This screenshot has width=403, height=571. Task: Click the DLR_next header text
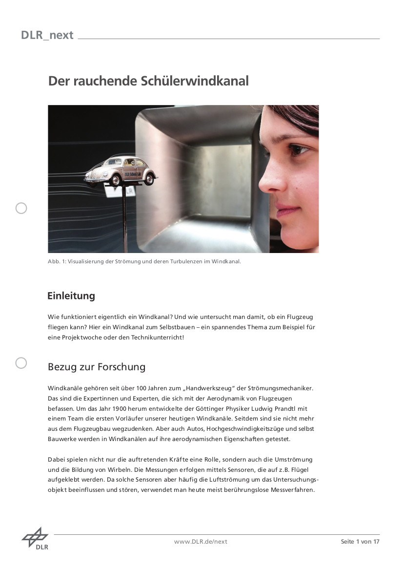(47, 35)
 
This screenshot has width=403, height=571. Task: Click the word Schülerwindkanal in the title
(195, 81)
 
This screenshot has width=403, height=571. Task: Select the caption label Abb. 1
(55, 261)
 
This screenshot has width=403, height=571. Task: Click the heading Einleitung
(71, 296)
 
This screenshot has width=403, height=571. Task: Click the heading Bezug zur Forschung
(97, 367)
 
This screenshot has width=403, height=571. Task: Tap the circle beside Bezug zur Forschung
(21, 363)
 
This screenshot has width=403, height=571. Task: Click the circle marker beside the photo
(21, 209)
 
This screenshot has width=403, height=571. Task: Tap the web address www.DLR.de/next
(201, 542)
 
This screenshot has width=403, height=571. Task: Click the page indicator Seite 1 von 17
(360, 542)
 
